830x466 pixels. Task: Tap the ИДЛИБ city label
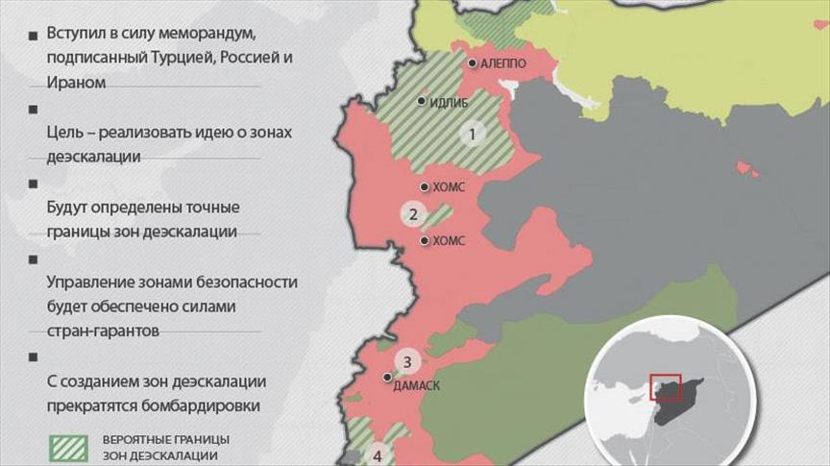tap(450, 101)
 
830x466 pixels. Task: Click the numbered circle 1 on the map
tap(471, 135)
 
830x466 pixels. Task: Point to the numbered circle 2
tap(413, 214)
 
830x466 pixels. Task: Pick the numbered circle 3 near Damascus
tap(407, 362)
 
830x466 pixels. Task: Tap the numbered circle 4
tap(378, 455)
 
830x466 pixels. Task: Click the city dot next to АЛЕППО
tap(473, 63)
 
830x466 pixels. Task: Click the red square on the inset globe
tap(665, 387)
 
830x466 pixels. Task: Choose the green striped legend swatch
tap(68, 447)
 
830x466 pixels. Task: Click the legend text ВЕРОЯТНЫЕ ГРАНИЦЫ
tap(166, 439)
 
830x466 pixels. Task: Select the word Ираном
tap(76, 83)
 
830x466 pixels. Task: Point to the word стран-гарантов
tap(103, 331)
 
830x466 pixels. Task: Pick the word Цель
tap(64, 132)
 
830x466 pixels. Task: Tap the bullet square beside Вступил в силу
tap(32, 35)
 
